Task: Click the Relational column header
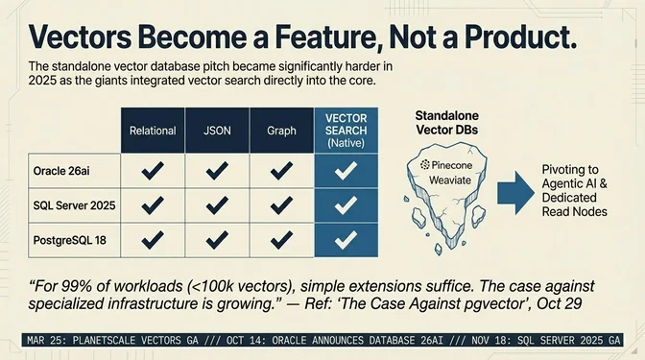click(x=153, y=130)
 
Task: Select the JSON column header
click(x=217, y=130)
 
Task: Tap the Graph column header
click(x=280, y=130)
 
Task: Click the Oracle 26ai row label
click(x=60, y=173)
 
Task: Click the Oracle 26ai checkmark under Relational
click(x=153, y=173)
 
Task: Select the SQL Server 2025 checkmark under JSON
click(x=217, y=205)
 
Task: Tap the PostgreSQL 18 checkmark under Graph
click(x=280, y=238)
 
